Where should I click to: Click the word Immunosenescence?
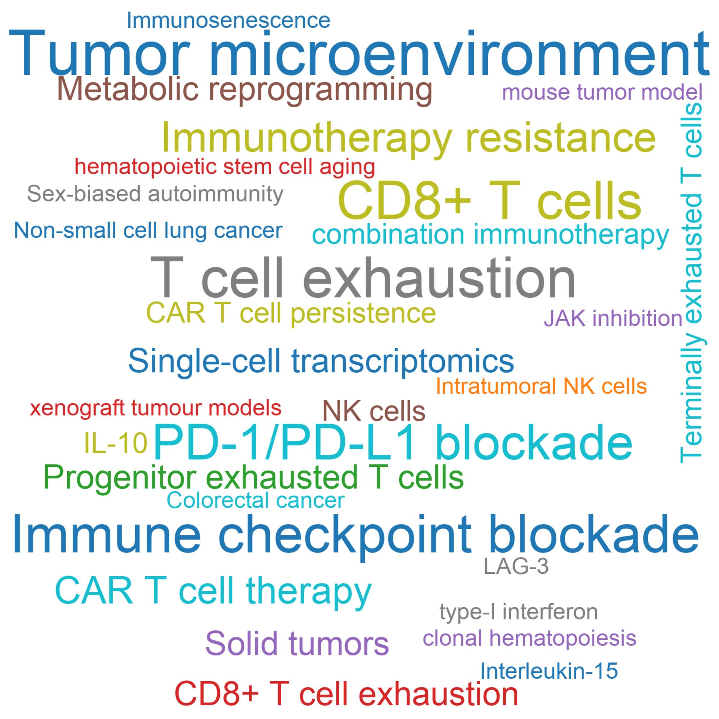[229, 20]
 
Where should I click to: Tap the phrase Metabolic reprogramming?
[245, 91]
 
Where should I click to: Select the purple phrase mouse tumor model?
[602, 92]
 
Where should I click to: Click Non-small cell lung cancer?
[148, 231]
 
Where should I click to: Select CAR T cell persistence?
[291, 313]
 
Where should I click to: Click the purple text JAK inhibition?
[613, 319]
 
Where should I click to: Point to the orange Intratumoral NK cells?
[541, 386]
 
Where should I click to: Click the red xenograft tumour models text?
[156, 408]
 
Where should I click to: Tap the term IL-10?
[116, 443]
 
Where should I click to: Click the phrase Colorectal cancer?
[256, 500]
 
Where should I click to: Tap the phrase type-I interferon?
[518, 612]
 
